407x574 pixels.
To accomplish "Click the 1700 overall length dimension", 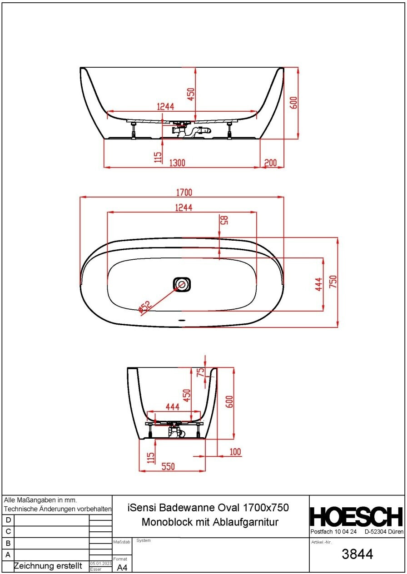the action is point(184,193).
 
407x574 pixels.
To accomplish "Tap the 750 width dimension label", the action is point(333,282).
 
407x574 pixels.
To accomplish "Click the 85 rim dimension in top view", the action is point(224,220).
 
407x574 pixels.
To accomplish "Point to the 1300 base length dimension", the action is point(177,163).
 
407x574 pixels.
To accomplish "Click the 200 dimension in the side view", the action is point(270,163).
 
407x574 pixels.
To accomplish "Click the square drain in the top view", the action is point(182,284).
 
